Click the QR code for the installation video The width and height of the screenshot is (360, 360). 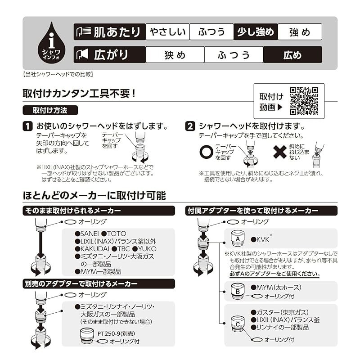pyautogui.click(x=304, y=101)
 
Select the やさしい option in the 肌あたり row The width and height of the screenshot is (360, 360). pyautogui.click(x=167, y=31)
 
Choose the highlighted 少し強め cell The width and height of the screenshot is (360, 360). pyautogui.click(x=256, y=31)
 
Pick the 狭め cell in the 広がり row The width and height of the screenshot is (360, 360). pyautogui.click(x=175, y=54)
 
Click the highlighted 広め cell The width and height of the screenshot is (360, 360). pyautogui.click(x=292, y=54)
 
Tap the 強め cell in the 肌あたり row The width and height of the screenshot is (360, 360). pyautogui.click(x=300, y=31)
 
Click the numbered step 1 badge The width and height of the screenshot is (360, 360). pyautogui.click(x=27, y=126)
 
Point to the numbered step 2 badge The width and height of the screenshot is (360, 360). pyautogui.click(x=190, y=126)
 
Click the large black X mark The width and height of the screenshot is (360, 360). pyautogui.click(x=279, y=152)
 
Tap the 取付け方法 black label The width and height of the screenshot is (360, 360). pyautogui.click(x=50, y=110)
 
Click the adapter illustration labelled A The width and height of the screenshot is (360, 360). pyautogui.click(x=238, y=238)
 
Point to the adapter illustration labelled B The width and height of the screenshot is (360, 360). pyautogui.click(x=238, y=291)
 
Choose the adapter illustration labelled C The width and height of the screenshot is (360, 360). pyautogui.click(x=238, y=324)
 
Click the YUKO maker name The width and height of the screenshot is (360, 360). pyautogui.click(x=147, y=249)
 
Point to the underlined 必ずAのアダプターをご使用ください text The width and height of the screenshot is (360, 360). pyautogui.click(x=274, y=274)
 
